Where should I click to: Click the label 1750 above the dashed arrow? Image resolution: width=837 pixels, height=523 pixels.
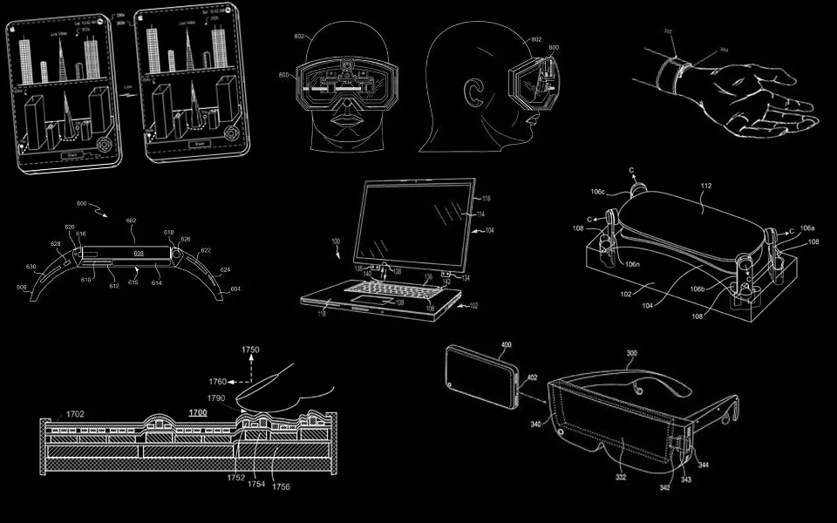(250, 350)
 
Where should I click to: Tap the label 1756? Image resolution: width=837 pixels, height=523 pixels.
(281, 486)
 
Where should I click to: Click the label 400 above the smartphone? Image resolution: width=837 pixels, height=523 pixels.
(506, 345)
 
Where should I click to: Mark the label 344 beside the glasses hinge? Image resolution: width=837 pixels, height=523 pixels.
(704, 465)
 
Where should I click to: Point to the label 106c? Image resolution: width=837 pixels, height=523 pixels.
(598, 191)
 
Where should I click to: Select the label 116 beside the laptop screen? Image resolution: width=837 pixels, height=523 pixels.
(487, 200)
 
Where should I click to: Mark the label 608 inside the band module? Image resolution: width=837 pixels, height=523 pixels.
(138, 254)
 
